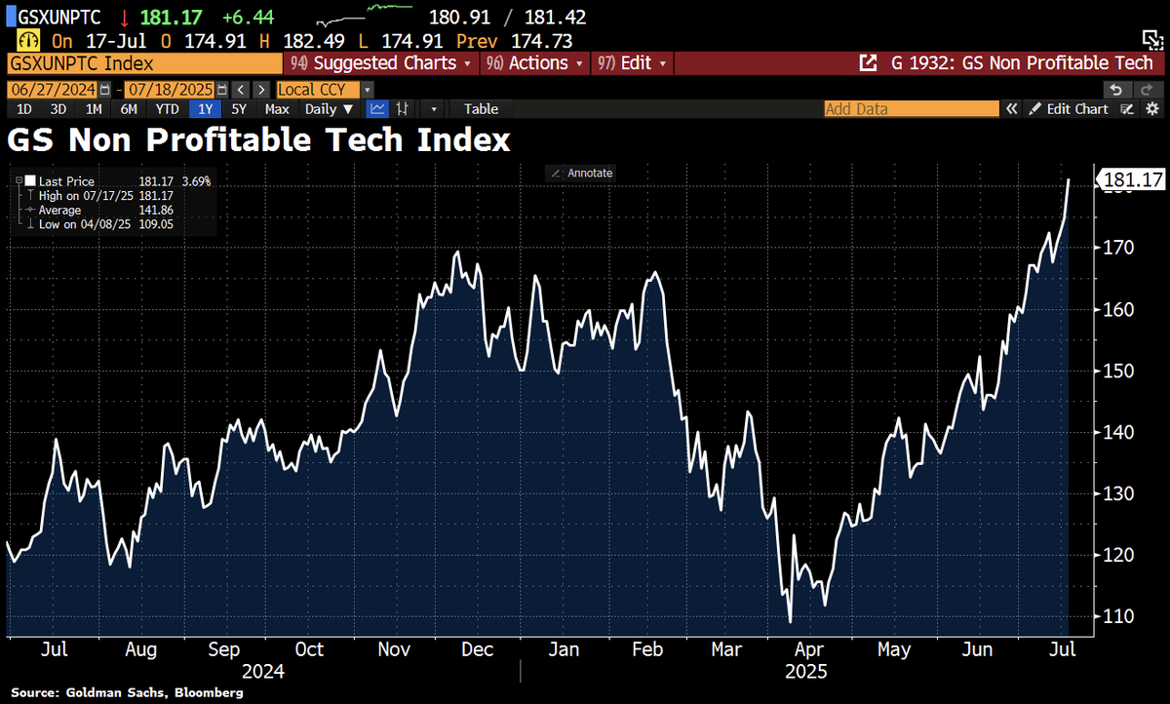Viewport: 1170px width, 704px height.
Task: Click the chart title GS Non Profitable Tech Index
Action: pyautogui.click(x=258, y=140)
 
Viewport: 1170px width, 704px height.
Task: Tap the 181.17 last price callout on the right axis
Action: pyautogui.click(x=1131, y=179)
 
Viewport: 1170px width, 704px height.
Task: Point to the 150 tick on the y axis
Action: pyautogui.click(x=1118, y=371)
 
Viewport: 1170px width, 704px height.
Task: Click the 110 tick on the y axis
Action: pyautogui.click(x=1118, y=616)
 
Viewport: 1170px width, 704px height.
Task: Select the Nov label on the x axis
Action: pyautogui.click(x=394, y=649)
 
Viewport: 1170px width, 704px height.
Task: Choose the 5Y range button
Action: pyautogui.click(x=239, y=109)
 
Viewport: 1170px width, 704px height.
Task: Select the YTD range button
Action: pyautogui.click(x=168, y=109)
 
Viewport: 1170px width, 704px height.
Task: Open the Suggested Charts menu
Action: pyautogui.click(x=381, y=63)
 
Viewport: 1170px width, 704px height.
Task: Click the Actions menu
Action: pyautogui.click(x=537, y=63)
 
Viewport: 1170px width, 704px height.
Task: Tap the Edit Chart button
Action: pyautogui.click(x=1070, y=109)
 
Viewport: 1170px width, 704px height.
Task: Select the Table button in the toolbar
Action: pyautogui.click(x=481, y=109)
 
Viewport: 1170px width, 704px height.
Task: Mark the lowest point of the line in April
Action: pyautogui.click(x=790, y=621)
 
